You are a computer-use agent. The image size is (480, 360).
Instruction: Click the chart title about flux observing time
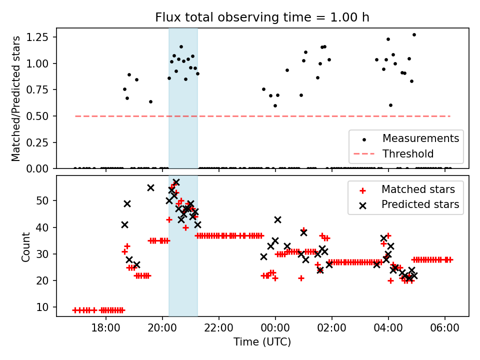(262, 17)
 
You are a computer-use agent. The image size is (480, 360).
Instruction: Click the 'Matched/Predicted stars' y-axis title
(16, 98)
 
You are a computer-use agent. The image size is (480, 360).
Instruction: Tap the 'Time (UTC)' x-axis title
(262, 342)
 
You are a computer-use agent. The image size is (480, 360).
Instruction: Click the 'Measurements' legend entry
(420, 138)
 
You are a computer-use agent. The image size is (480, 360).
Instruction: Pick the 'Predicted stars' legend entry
(420, 204)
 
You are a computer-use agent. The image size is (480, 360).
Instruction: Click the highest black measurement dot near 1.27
(414, 34)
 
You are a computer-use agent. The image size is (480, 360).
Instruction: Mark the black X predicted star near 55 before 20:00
(150, 187)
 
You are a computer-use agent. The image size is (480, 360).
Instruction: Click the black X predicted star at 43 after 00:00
(277, 219)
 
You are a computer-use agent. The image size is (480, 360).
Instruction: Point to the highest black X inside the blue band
(176, 182)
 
